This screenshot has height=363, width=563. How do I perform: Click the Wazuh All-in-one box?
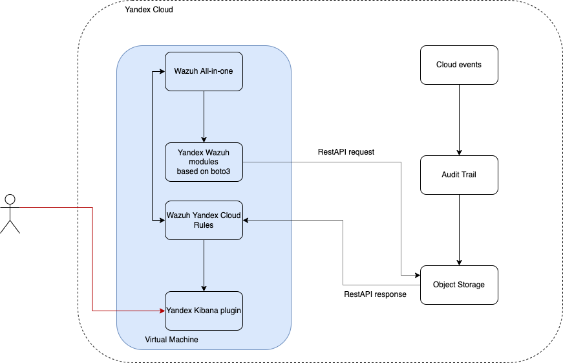[x=204, y=71]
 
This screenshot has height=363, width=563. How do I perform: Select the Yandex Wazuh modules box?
[x=204, y=162]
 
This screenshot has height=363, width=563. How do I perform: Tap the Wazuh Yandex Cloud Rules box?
[x=204, y=220]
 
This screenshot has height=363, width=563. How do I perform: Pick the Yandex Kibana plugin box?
[x=204, y=311]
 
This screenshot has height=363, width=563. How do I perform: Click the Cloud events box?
[x=459, y=65]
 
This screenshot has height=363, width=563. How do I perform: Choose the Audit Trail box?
[x=459, y=175]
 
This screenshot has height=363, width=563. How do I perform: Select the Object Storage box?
[x=459, y=285]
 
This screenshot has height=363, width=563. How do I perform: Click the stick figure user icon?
[x=10, y=213]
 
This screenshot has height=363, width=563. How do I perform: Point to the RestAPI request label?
[x=346, y=152]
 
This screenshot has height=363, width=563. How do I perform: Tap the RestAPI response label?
[x=375, y=294]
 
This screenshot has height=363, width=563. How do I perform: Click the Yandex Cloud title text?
[x=149, y=10]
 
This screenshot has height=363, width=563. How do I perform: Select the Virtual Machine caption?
[x=171, y=339]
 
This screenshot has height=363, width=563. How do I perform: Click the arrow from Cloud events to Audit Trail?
[x=459, y=120]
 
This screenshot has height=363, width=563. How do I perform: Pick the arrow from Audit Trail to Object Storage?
[x=459, y=230]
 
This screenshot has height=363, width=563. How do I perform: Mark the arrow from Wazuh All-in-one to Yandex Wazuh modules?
[x=204, y=116]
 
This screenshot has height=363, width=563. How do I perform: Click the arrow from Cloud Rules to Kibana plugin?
[x=204, y=265]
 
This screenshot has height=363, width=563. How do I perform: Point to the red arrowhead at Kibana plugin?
[x=162, y=311]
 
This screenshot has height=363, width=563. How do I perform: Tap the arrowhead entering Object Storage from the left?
[x=417, y=275]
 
